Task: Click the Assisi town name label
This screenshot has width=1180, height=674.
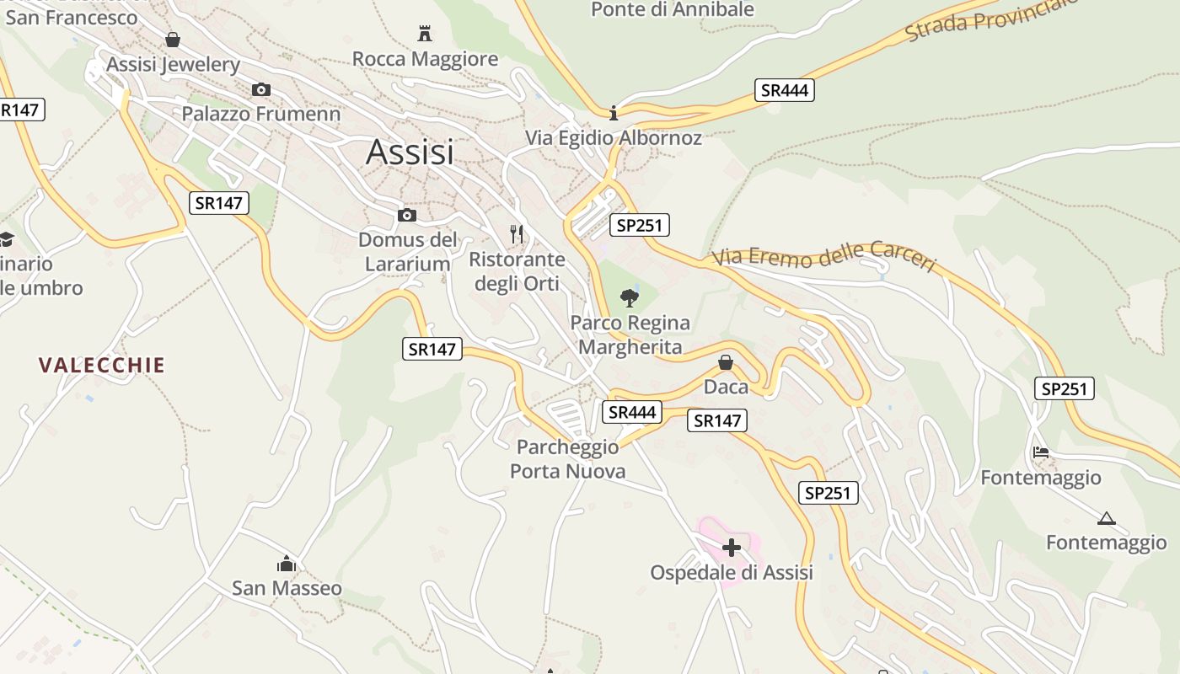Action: click(x=410, y=152)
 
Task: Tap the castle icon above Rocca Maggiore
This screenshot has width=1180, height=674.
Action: click(x=425, y=35)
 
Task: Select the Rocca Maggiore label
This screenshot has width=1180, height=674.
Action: click(x=425, y=59)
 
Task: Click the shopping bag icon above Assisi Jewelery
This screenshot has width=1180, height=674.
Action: click(x=173, y=40)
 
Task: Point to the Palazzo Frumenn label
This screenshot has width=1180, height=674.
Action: click(x=261, y=114)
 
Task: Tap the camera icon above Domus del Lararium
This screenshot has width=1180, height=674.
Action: click(x=407, y=216)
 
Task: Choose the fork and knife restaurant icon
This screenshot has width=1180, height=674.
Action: click(x=517, y=233)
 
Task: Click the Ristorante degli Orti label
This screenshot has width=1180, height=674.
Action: click(x=517, y=271)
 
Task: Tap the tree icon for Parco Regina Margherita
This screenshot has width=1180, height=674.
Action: click(x=629, y=297)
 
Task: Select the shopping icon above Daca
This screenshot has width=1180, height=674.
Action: click(x=725, y=362)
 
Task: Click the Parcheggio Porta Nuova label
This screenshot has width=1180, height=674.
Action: click(x=568, y=459)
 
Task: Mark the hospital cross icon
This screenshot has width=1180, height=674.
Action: click(x=732, y=548)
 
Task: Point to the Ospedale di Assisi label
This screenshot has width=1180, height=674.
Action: click(x=732, y=573)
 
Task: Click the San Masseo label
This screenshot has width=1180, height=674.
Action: click(x=287, y=588)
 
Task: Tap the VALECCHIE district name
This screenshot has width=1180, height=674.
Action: click(x=102, y=365)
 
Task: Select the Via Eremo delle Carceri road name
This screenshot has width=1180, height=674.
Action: click(x=824, y=258)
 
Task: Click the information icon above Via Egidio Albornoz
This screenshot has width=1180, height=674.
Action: click(x=614, y=113)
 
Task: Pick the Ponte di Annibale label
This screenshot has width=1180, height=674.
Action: click(x=673, y=10)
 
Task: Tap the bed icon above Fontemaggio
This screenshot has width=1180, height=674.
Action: click(x=1041, y=452)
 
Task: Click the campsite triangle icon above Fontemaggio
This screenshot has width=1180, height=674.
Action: click(x=1107, y=518)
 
